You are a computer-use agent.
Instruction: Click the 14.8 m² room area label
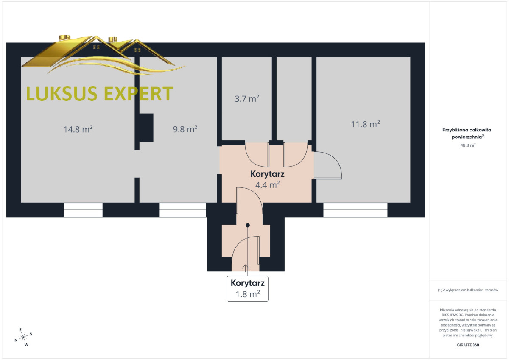(x=78, y=129)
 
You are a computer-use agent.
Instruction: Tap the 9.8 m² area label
(x=185, y=129)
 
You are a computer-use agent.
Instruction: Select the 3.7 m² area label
(x=247, y=98)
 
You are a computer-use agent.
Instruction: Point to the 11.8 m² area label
(x=365, y=124)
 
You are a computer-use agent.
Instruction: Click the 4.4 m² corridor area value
(x=268, y=185)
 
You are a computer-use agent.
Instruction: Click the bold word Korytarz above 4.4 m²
(x=268, y=174)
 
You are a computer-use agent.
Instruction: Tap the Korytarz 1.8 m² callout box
(x=248, y=289)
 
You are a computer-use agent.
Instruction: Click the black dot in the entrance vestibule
(x=248, y=225)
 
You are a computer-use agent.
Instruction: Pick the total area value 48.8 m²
(x=468, y=145)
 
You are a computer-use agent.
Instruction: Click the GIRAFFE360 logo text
(x=468, y=345)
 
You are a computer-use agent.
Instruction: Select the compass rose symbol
(x=23, y=337)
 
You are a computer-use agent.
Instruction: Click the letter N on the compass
(x=16, y=340)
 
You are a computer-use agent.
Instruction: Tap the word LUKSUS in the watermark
(x=62, y=93)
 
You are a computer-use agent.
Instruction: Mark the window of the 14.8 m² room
(x=83, y=210)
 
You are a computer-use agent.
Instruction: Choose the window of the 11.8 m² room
(x=355, y=210)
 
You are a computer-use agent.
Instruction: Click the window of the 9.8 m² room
(x=183, y=210)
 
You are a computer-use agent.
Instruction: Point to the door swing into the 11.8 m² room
(x=328, y=165)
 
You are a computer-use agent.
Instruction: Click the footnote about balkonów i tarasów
(x=468, y=290)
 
